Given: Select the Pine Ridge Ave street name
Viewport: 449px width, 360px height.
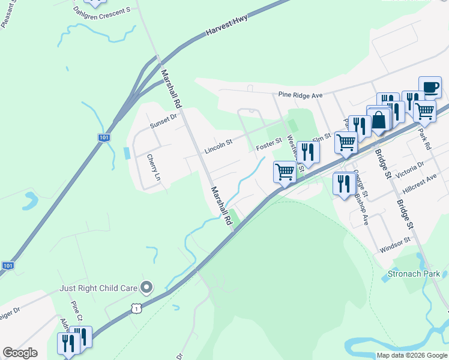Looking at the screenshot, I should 301,95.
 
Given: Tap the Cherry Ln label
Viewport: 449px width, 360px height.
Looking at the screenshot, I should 154,168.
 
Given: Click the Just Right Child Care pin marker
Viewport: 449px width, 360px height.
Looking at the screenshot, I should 145,287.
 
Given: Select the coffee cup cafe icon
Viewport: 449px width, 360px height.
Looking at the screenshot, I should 430,88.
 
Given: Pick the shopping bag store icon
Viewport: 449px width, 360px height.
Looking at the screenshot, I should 379,120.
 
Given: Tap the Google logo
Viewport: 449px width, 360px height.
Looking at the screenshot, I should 20,353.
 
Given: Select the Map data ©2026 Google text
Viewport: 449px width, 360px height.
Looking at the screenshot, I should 411,355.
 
